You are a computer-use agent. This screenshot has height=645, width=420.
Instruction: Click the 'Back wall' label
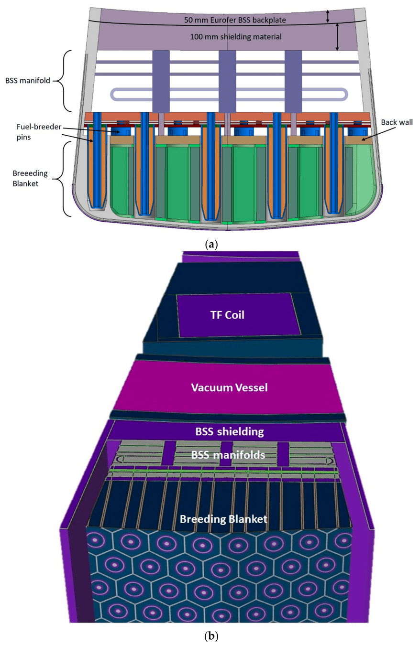coord(384,123)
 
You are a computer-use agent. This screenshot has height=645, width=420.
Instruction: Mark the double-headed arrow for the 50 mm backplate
coord(328,16)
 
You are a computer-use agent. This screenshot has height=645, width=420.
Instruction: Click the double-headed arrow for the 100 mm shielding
coord(338,37)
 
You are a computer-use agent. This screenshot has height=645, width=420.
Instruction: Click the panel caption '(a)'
coord(210,245)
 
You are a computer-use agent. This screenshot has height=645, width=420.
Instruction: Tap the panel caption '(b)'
coord(210,636)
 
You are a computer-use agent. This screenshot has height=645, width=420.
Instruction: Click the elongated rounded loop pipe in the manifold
coord(227,94)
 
